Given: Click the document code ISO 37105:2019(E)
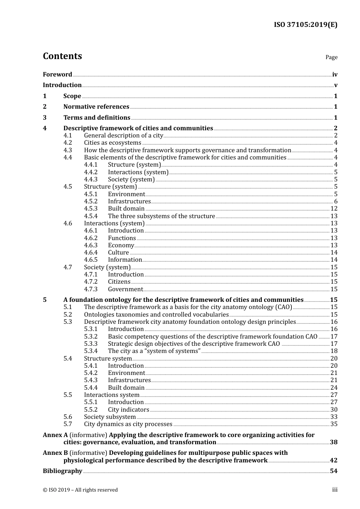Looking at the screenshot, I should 305,25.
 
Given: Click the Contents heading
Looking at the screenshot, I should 62,56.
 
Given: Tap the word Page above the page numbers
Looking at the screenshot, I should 331,57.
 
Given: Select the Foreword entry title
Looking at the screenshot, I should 57,75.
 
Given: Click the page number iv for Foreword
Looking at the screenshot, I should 335,75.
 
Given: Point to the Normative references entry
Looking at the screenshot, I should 96,107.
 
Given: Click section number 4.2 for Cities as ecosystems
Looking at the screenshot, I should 68,143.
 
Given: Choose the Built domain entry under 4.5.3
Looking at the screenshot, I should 126,209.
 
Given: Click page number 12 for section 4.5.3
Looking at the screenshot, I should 334,209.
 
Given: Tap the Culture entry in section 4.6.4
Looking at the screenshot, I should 118,253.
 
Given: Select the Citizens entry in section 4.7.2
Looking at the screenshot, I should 119,282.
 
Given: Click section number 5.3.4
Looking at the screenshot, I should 91,351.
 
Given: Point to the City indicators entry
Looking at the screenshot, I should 128,410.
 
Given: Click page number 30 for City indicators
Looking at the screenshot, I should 334,410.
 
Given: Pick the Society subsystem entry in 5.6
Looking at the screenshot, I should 110,417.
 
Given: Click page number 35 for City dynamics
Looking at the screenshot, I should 334,424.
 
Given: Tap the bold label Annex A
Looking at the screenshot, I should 55,435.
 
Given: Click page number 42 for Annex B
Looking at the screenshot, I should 333,461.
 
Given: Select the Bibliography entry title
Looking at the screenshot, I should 63,471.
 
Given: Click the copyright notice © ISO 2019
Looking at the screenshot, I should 80,490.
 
